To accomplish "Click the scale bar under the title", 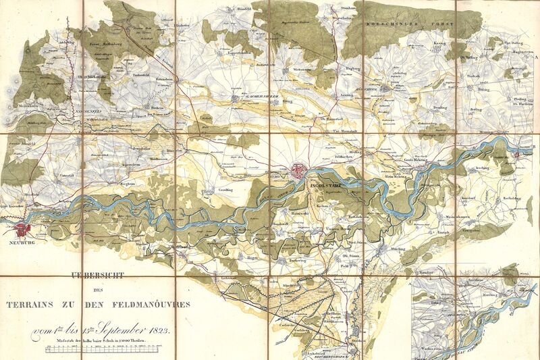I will (101, 351).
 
